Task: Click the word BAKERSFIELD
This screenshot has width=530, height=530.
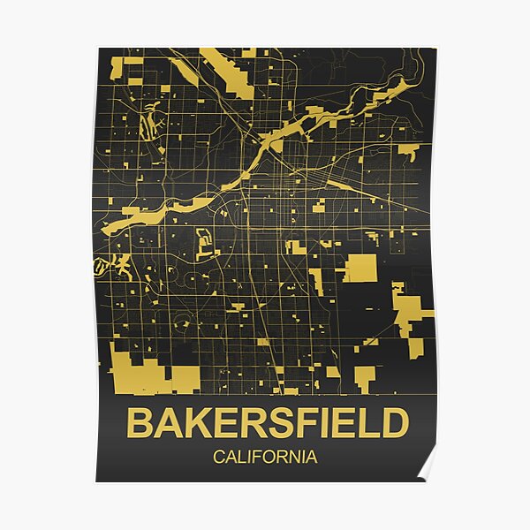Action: click(268, 423)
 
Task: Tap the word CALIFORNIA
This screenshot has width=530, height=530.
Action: click(265, 458)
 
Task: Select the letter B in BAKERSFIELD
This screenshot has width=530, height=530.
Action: click(139, 423)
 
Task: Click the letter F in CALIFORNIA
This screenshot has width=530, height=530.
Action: click(256, 458)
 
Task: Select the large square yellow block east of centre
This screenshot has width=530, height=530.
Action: click(359, 268)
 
